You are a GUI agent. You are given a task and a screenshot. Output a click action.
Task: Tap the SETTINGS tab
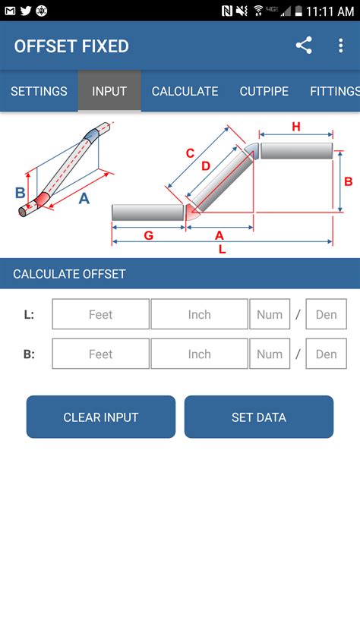pyautogui.click(x=39, y=91)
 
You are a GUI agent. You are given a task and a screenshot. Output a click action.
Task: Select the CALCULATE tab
pyautogui.click(x=185, y=91)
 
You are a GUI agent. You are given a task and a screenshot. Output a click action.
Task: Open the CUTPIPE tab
pyautogui.click(x=264, y=91)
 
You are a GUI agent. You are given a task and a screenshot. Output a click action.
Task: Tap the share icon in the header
pyautogui.click(x=304, y=46)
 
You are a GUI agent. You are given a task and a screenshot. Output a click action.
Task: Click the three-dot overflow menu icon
pyautogui.click(x=340, y=46)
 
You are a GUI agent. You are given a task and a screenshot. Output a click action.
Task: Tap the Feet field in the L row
pyautogui.click(x=101, y=314)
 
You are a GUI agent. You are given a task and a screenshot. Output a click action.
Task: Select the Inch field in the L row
pyautogui.click(x=199, y=314)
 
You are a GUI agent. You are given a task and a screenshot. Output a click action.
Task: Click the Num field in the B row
pyautogui.click(x=270, y=354)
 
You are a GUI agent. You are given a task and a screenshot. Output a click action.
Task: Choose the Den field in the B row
pyautogui.click(x=326, y=354)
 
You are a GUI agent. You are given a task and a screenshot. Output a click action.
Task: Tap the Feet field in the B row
pyautogui.click(x=101, y=354)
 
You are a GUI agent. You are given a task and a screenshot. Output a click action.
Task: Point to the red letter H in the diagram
pyautogui.click(x=296, y=126)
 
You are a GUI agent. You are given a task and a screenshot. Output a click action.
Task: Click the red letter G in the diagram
pyautogui.click(x=148, y=235)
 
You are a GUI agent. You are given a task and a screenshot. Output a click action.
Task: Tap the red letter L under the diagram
pyautogui.click(x=221, y=249)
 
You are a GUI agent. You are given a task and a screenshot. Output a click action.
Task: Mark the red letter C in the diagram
pyautogui.click(x=191, y=153)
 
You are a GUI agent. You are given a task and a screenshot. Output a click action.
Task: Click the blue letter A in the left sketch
pyautogui.click(x=84, y=198)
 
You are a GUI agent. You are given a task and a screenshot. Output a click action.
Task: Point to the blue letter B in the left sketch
pyautogui.click(x=21, y=193)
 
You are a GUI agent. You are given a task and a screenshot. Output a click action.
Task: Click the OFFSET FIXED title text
pyautogui.click(x=71, y=46)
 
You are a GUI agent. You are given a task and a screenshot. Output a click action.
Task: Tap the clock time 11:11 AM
pyautogui.click(x=330, y=11)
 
